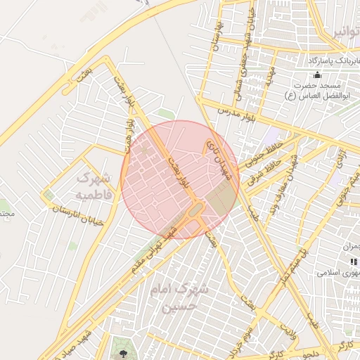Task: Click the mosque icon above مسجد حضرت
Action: click(318, 76)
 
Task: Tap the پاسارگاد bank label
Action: click(330, 62)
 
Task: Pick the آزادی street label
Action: click(340, 158)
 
